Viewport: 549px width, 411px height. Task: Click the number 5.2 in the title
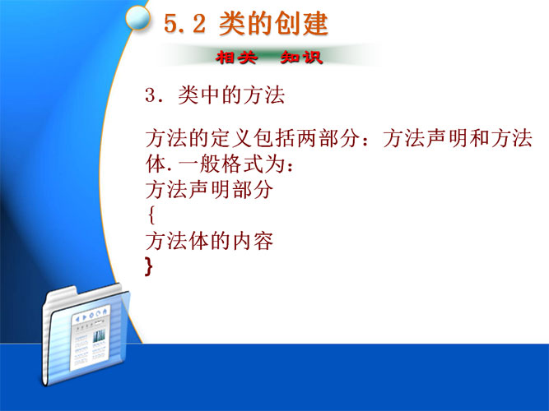click(184, 24)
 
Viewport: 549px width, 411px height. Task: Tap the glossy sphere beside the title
click(138, 17)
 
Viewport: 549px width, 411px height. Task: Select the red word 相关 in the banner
click(237, 58)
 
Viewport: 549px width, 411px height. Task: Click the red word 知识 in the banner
click(301, 58)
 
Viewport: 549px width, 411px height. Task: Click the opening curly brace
click(151, 215)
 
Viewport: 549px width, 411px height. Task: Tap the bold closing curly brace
click(149, 266)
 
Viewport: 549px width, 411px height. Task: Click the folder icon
click(86, 334)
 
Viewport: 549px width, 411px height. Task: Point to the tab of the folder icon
click(62, 293)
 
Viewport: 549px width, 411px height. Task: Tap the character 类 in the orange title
click(232, 24)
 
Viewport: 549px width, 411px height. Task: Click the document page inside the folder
click(91, 339)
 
